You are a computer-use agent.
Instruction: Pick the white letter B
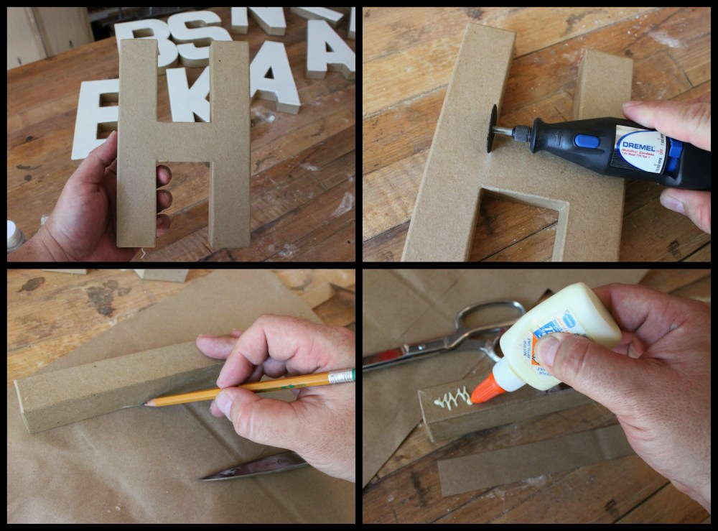pos(147,40)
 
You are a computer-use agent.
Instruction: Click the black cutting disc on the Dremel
pos(492,128)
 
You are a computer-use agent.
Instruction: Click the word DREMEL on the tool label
pos(632,137)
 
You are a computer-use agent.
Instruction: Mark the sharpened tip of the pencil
pos(146,404)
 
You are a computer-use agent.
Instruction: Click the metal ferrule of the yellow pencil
pos(341,376)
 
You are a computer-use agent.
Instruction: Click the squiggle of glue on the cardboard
pos(452,397)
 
